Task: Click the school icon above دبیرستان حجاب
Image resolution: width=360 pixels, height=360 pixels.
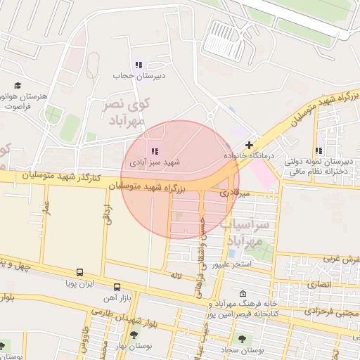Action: (x=138, y=65)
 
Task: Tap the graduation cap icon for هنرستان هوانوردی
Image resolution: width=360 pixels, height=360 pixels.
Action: (x=17, y=85)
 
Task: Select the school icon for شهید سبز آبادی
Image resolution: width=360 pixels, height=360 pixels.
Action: (x=154, y=151)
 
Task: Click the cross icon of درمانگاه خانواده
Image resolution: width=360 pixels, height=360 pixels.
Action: (x=249, y=144)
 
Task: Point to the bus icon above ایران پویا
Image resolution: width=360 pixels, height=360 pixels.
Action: (x=79, y=272)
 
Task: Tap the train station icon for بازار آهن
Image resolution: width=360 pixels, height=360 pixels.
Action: (x=117, y=287)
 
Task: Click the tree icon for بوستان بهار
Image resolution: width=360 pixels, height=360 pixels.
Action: (x=134, y=335)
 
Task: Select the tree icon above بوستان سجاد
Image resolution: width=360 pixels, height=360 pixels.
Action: (x=242, y=338)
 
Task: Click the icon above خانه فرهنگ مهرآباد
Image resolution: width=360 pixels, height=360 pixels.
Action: (x=243, y=294)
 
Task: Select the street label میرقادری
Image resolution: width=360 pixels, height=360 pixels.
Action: (x=233, y=192)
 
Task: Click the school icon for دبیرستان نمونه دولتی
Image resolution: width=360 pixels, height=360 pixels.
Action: (x=319, y=150)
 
